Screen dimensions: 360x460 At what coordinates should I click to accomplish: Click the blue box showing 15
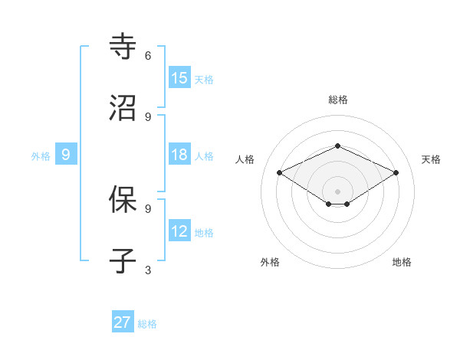pyautogui.click(x=179, y=78)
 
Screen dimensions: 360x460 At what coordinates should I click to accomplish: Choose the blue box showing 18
pyautogui.click(x=179, y=155)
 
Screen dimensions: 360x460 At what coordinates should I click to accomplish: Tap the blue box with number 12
pyautogui.click(x=179, y=231)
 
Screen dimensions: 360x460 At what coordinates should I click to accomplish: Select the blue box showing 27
pyautogui.click(x=123, y=322)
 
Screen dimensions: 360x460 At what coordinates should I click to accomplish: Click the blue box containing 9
pyautogui.click(x=66, y=155)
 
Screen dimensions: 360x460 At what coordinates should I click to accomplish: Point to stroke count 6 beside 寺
pyautogui.click(x=148, y=56)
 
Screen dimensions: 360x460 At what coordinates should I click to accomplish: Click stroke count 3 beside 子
pyautogui.click(x=148, y=270)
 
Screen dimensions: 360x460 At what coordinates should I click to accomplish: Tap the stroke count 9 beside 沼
pyautogui.click(x=148, y=116)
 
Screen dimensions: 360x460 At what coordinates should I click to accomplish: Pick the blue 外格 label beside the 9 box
pyautogui.click(x=41, y=156)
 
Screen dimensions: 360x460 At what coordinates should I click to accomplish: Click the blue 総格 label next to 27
pyautogui.click(x=147, y=324)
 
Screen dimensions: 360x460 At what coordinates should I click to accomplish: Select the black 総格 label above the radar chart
pyautogui.click(x=338, y=100)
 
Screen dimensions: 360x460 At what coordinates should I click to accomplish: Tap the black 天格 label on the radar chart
pyautogui.click(x=432, y=159)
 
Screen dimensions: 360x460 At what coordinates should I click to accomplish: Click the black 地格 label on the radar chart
pyautogui.click(x=402, y=262)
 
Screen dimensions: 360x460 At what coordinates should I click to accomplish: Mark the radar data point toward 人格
pyautogui.click(x=280, y=173)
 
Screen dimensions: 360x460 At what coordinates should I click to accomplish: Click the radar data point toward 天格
pyautogui.click(x=396, y=173)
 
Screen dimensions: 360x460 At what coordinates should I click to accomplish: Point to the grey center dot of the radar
pyautogui.click(x=338, y=191)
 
